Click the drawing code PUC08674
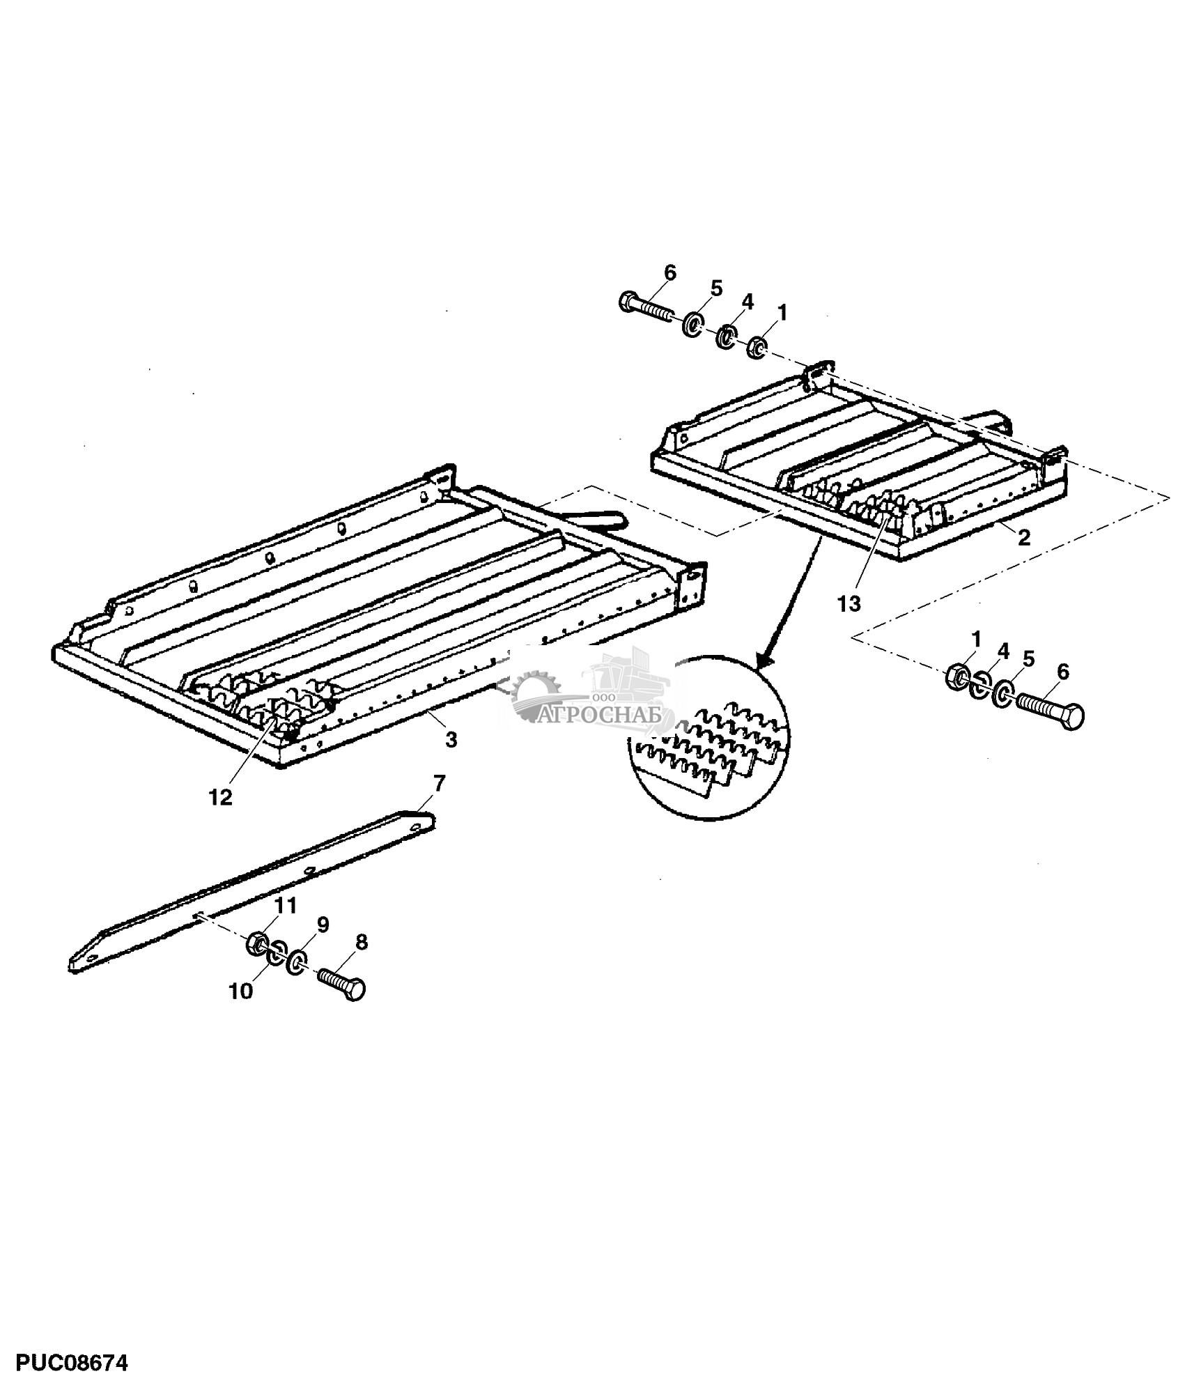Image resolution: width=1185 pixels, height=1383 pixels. coord(64,1361)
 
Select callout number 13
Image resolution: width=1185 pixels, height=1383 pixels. coord(849,603)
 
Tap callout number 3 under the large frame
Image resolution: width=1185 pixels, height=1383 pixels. coord(451,740)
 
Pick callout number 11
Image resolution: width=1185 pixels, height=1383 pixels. coord(286,906)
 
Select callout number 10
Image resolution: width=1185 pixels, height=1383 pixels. coord(241,991)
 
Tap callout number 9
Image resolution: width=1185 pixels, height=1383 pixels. coord(323,925)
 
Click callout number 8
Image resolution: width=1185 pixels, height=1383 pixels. coord(361,942)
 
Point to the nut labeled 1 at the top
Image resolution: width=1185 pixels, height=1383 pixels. coord(757,346)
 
